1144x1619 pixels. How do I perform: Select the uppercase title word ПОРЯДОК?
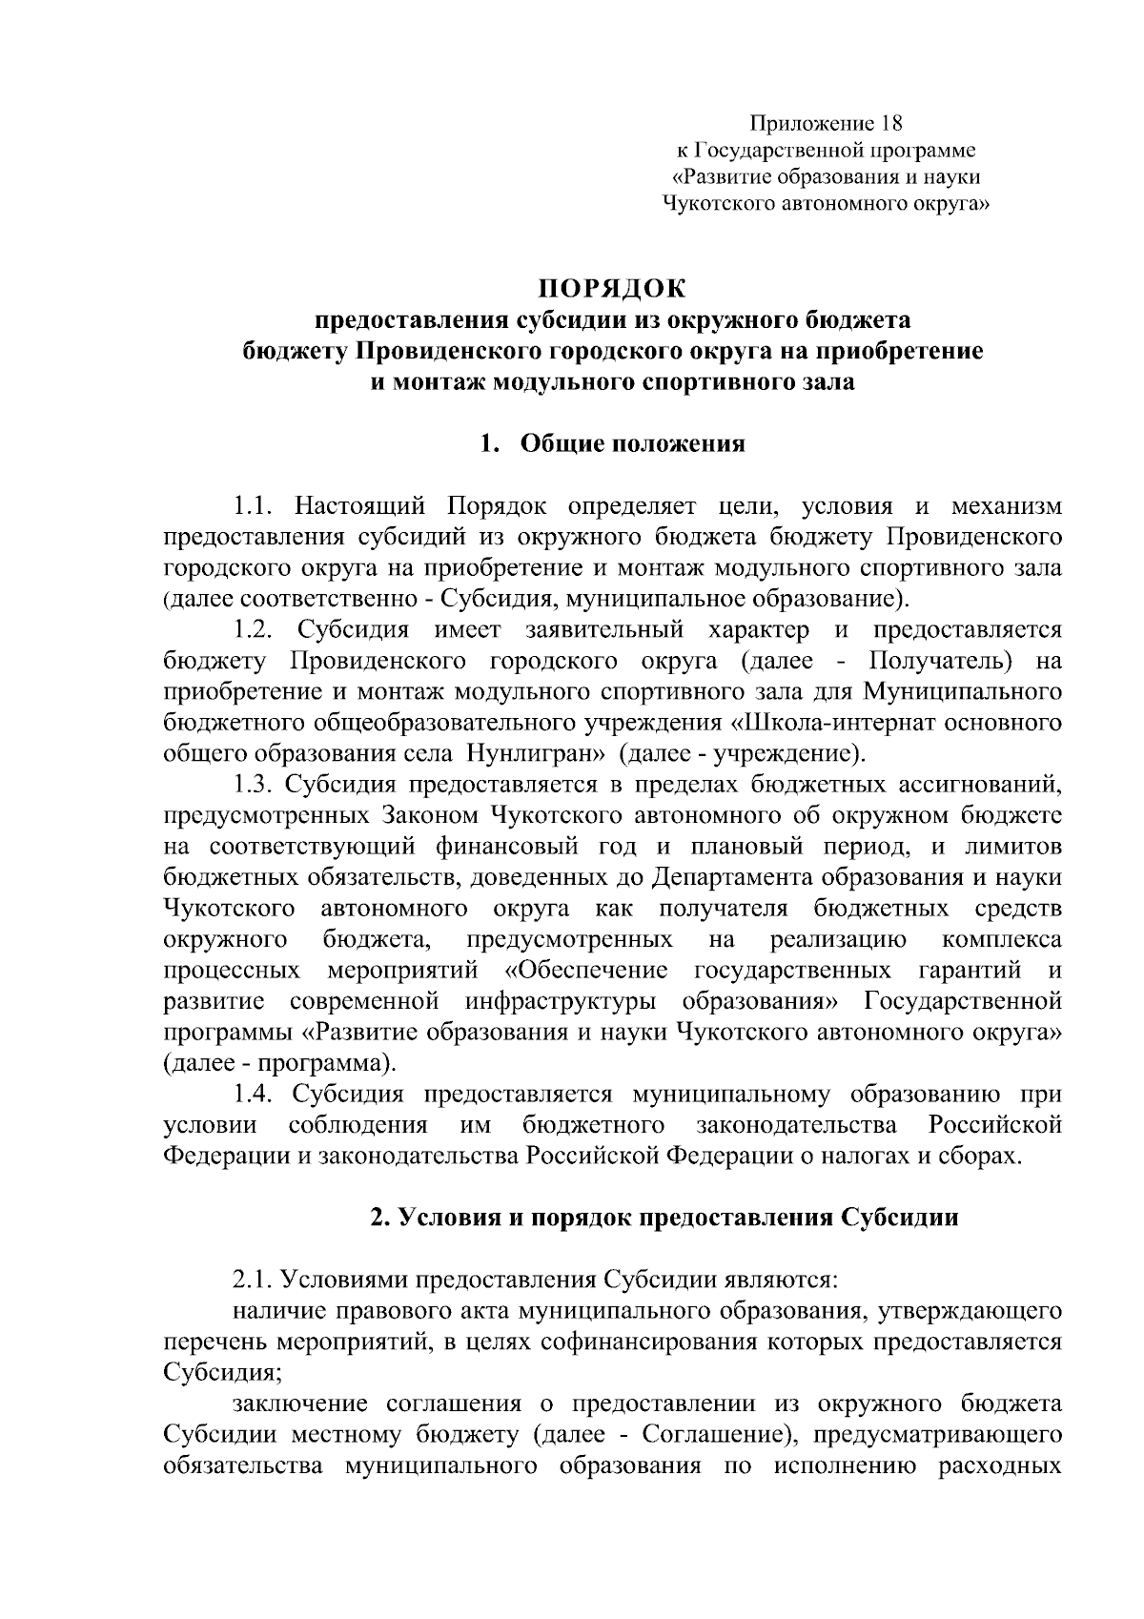click(x=613, y=287)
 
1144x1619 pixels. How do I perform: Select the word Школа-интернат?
click(x=831, y=723)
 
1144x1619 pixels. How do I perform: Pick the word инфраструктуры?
click(x=562, y=1001)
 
